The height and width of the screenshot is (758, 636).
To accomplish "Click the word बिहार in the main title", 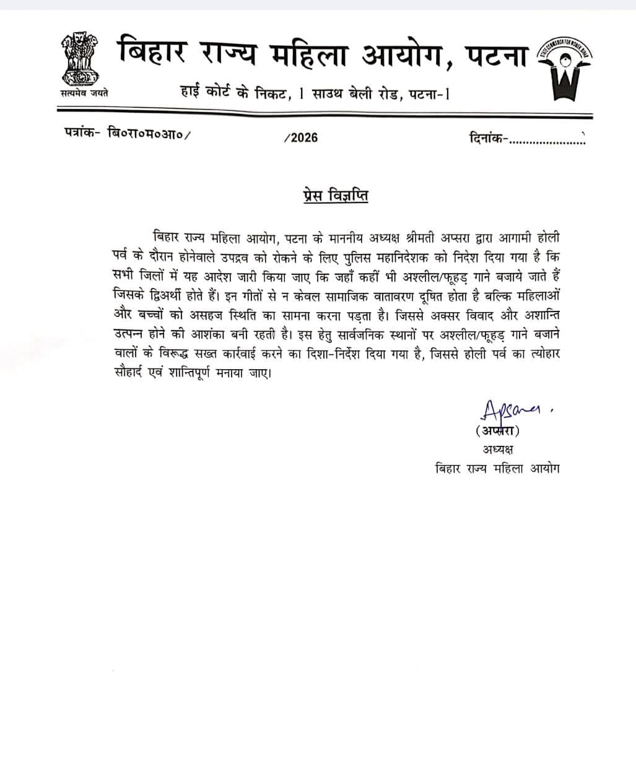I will click(151, 53).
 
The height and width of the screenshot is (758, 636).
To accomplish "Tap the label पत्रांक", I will click(82, 133).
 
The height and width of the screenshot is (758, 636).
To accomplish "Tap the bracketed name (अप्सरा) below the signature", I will click(497, 431).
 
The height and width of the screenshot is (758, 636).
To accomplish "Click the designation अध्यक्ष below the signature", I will click(497, 449).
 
